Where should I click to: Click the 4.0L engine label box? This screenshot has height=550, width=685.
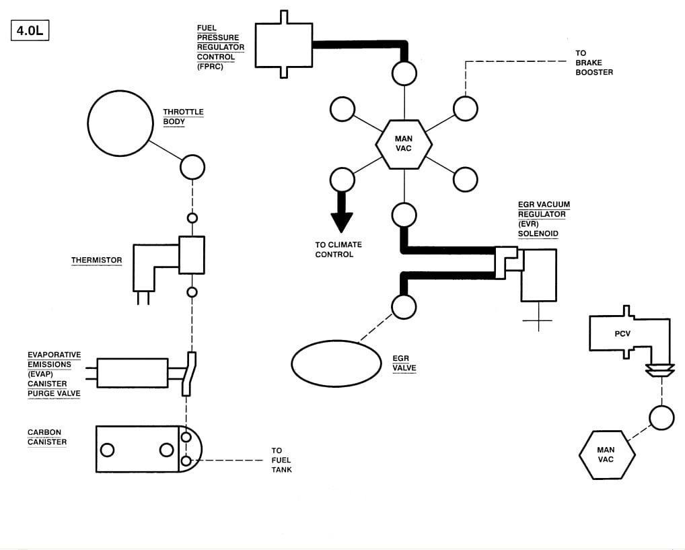click(30, 30)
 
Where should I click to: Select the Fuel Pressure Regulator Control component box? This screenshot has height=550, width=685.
click(283, 44)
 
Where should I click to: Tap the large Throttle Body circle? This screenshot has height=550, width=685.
click(120, 123)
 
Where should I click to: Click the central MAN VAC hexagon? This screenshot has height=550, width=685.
click(404, 144)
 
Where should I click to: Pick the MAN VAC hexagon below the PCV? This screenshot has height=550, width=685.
click(607, 455)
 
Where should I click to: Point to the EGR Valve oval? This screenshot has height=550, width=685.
click(336, 364)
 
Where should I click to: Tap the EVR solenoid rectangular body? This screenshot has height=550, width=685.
click(539, 275)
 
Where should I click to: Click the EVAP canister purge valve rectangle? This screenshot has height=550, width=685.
click(132, 373)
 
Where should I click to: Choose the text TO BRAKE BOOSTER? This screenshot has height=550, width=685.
click(594, 63)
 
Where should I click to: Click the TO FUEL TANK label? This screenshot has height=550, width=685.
click(281, 460)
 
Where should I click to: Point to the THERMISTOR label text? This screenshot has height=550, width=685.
click(96, 260)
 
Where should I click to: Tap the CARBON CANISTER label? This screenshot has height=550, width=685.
click(47, 437)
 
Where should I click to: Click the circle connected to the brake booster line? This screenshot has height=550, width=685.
click(465, 108)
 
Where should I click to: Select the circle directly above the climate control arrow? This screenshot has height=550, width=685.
click(342, 180)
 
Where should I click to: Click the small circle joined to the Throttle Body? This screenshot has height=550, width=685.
click(192, 167)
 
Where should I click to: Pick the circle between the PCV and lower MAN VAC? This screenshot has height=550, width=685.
click(661, 417)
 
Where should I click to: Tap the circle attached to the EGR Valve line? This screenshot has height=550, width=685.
click(404, 306)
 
